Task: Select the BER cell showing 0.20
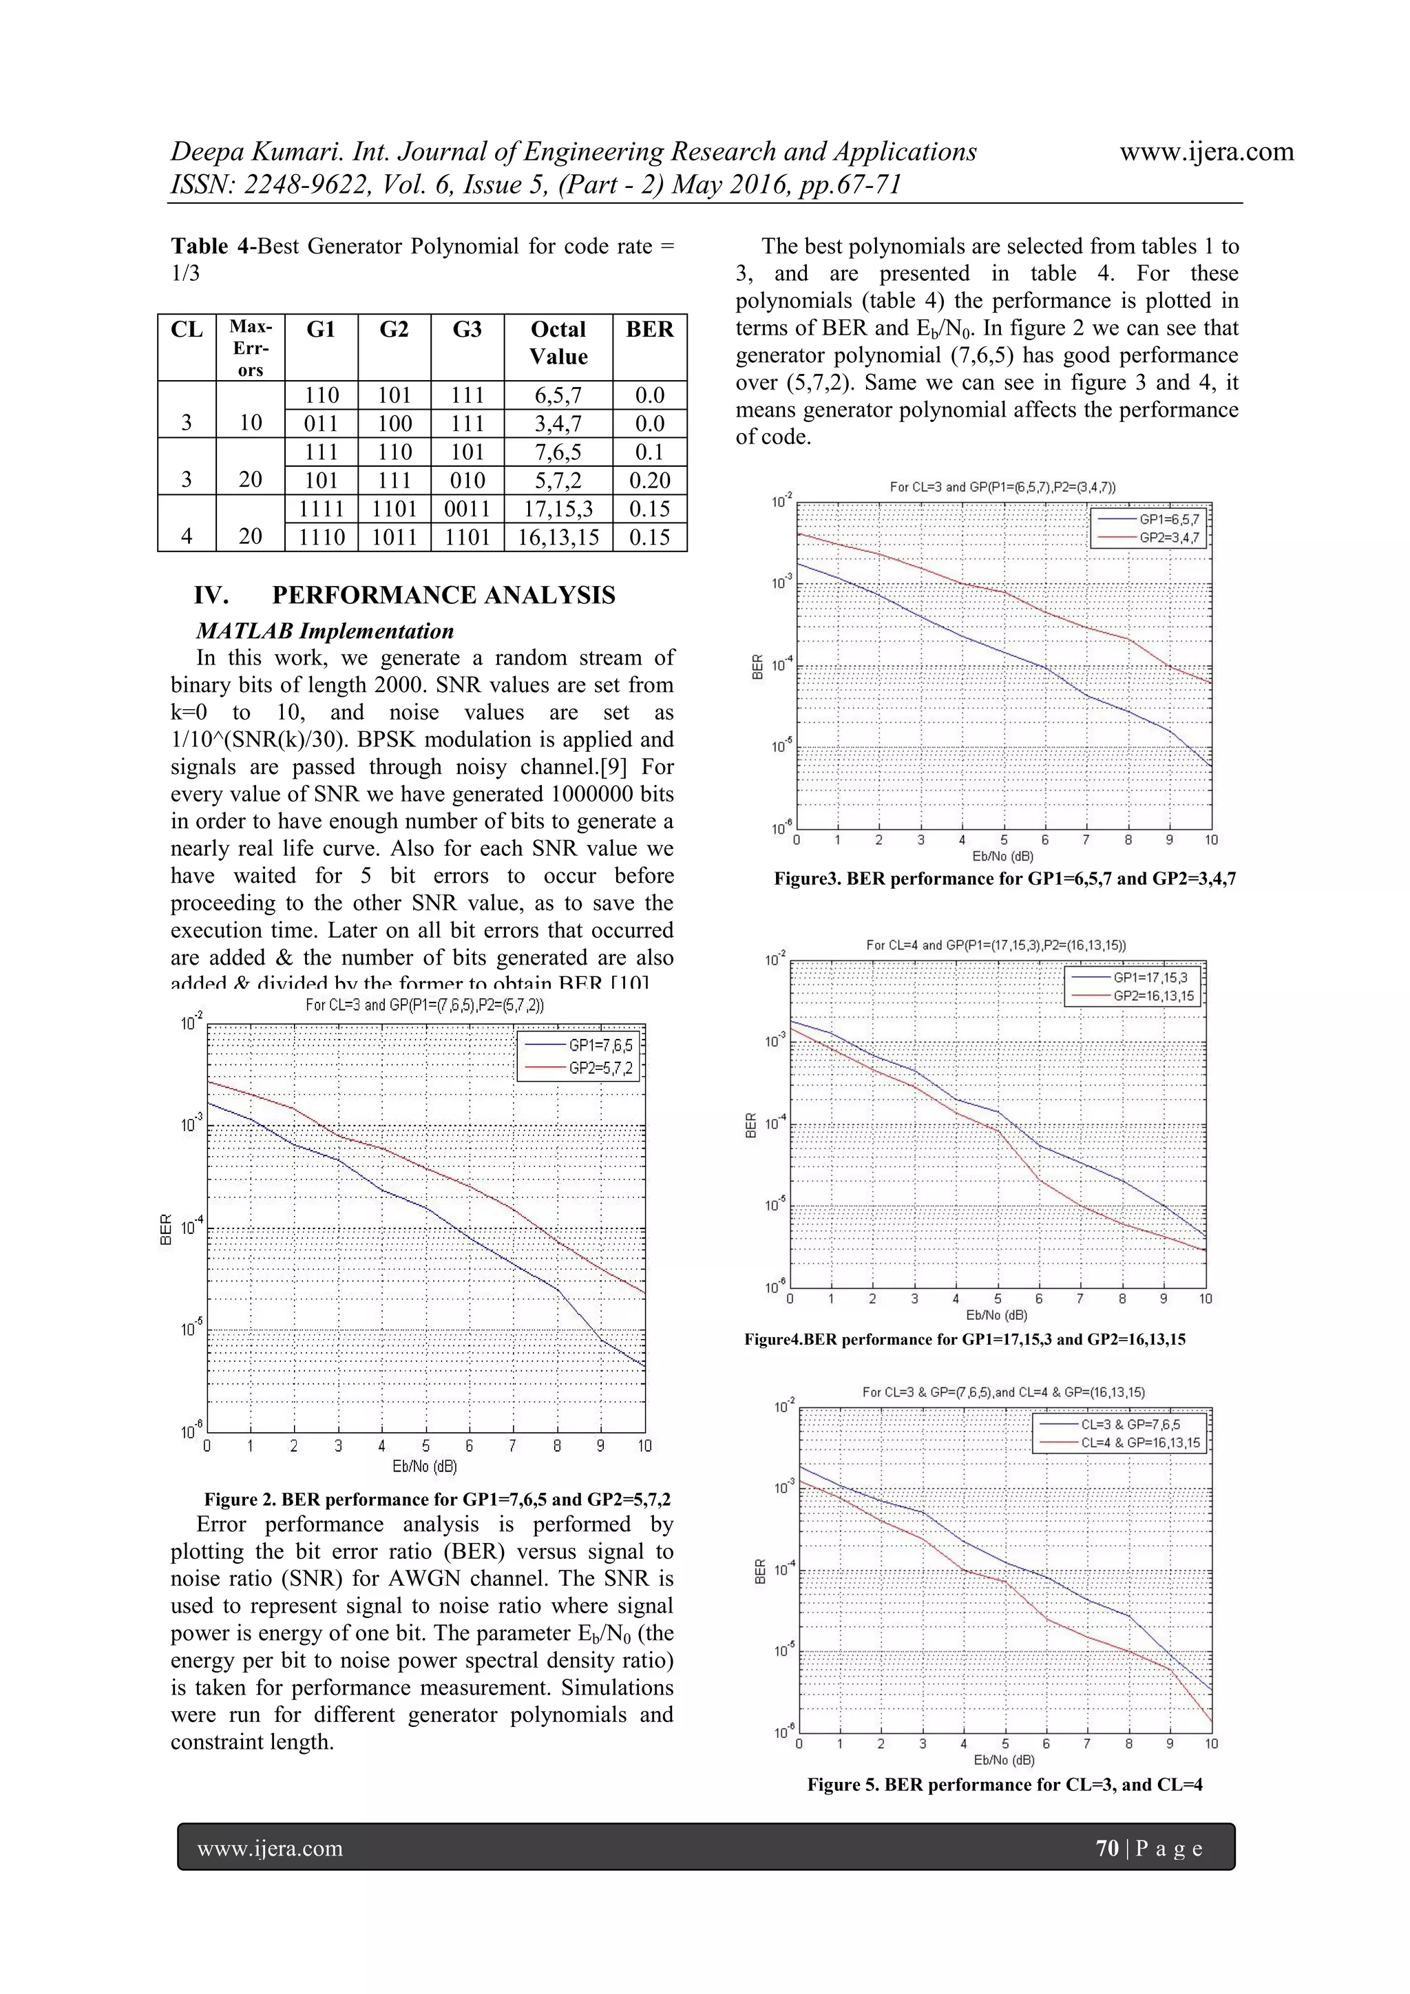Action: [649, 481]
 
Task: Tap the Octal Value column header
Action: [558, 343]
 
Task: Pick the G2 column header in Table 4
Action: [394, 330]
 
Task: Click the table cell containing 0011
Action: [467, 509]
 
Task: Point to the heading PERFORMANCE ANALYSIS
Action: [443, 595]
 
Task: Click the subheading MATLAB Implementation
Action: [325, 631]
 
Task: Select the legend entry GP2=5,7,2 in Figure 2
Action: [600, 1068]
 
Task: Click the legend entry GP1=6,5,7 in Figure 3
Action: [1168, 519]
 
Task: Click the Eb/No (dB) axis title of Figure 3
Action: [1003, 857]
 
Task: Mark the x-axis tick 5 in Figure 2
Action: [425, 1446]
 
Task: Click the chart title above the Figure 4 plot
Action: [996, 945]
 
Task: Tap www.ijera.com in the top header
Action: [1206, 152]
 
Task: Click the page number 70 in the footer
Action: [1107, 1848]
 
